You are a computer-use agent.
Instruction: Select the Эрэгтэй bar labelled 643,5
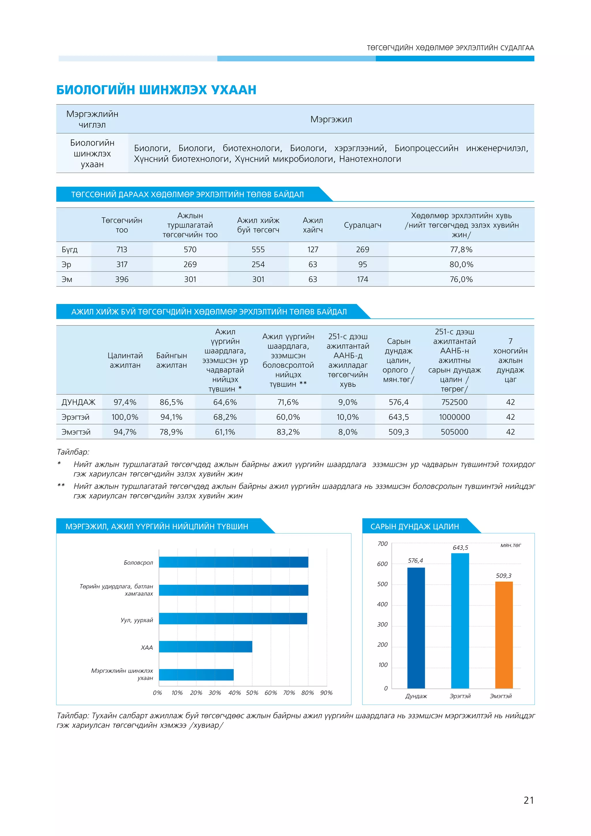(460, 621)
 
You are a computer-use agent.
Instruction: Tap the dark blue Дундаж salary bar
(416, 628)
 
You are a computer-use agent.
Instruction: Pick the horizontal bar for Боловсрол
(233, 562)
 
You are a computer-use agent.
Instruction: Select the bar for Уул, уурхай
(233, 619)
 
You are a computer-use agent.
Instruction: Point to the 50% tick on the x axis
(252, 693)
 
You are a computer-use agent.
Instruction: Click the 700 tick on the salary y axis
(382, 544)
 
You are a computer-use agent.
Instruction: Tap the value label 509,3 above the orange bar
(504, 576)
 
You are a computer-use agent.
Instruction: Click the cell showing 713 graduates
(121, 249)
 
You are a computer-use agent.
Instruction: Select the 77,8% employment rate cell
(461, 249)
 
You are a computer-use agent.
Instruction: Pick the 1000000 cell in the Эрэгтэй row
(454, 417)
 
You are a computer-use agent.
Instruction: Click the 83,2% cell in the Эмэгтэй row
(288, 432)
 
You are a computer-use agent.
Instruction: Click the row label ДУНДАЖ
(78, 402)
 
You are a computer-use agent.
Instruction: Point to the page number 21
(528, 800)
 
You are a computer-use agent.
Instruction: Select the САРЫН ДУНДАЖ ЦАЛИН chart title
(414, 527)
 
